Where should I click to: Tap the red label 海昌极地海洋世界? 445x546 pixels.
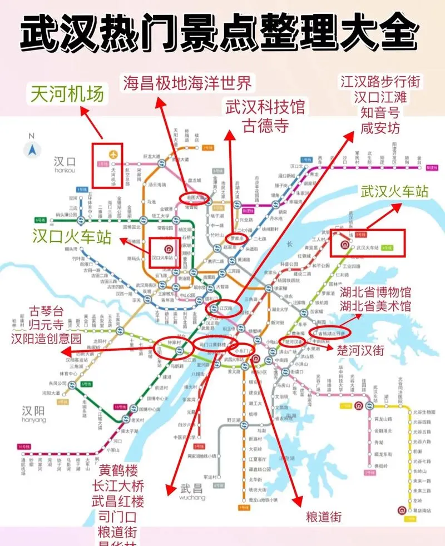[x=187, y=83]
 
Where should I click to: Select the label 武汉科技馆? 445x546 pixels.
[x=265, y=107]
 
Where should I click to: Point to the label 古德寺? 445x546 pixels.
[x=265, y=126]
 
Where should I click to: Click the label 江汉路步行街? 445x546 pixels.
[x=380, y=82]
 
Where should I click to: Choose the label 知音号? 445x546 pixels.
[x=380, y=113]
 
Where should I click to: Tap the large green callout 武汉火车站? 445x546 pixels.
[x=394, y=191]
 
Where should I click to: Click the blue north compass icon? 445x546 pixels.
[x=32, y=149]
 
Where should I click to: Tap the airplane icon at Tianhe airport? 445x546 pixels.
[x=115, y=153]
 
